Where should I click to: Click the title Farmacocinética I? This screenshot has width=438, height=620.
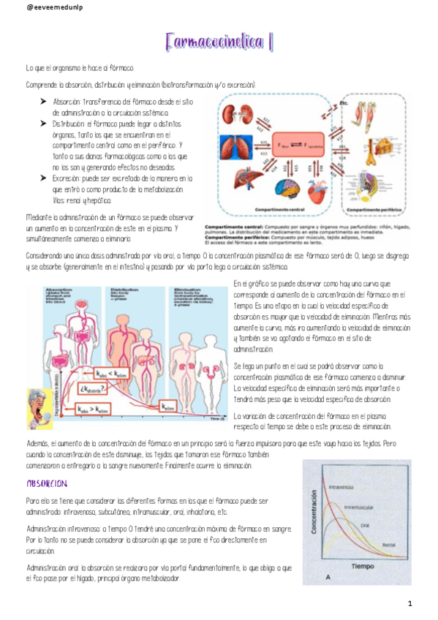click(219, 42)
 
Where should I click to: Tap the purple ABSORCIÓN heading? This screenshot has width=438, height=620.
click(47, 484)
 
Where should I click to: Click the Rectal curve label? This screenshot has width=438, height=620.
click(389, 545)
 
